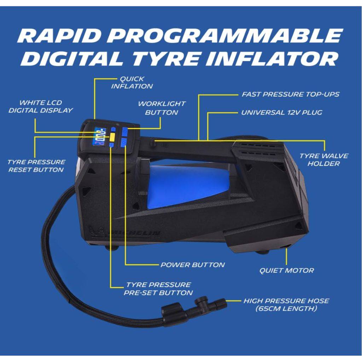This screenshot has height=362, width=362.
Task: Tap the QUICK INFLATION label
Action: [132, 82]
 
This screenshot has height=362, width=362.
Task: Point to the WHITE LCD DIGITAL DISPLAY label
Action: [41, 106]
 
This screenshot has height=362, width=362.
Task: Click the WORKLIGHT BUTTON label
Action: [162, 108]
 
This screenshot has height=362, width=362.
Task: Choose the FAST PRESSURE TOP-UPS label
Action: [291, 94]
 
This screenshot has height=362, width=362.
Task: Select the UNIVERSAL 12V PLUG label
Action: [282, 112]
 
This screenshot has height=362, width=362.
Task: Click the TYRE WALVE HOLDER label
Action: [324, 159]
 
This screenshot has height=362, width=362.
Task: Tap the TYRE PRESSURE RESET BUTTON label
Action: [36, 166]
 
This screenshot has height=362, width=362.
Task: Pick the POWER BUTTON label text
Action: [193, 264]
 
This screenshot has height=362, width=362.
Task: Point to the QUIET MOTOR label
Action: [286, 270]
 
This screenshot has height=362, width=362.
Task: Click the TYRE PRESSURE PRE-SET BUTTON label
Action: [158, 288]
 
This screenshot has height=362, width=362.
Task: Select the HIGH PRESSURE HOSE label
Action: [286, 304]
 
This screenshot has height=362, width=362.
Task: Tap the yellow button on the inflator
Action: [112, 137]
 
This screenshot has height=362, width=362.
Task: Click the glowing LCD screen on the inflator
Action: [99, 137]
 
